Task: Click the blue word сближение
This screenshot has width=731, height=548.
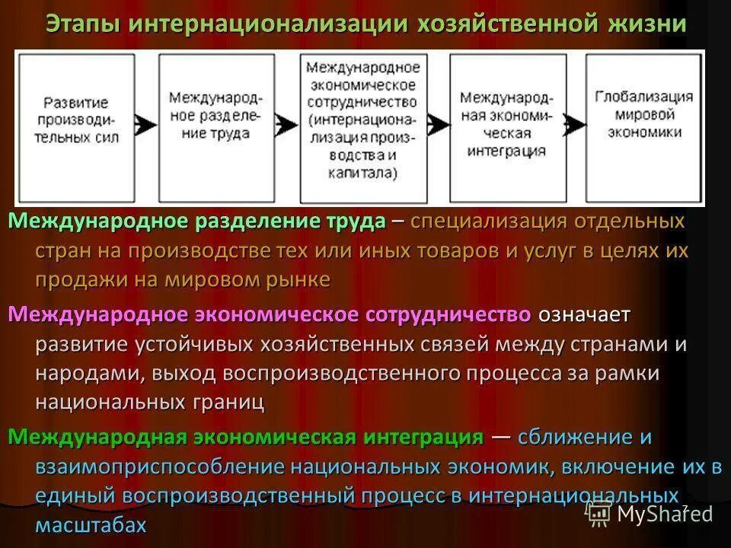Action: pyautogui.click(x=573, y=438)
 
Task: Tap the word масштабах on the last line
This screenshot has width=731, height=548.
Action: pyautogui.click(x=91, y=525)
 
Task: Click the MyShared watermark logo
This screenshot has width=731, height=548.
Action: pyautogui.click(x=652, y=513)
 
